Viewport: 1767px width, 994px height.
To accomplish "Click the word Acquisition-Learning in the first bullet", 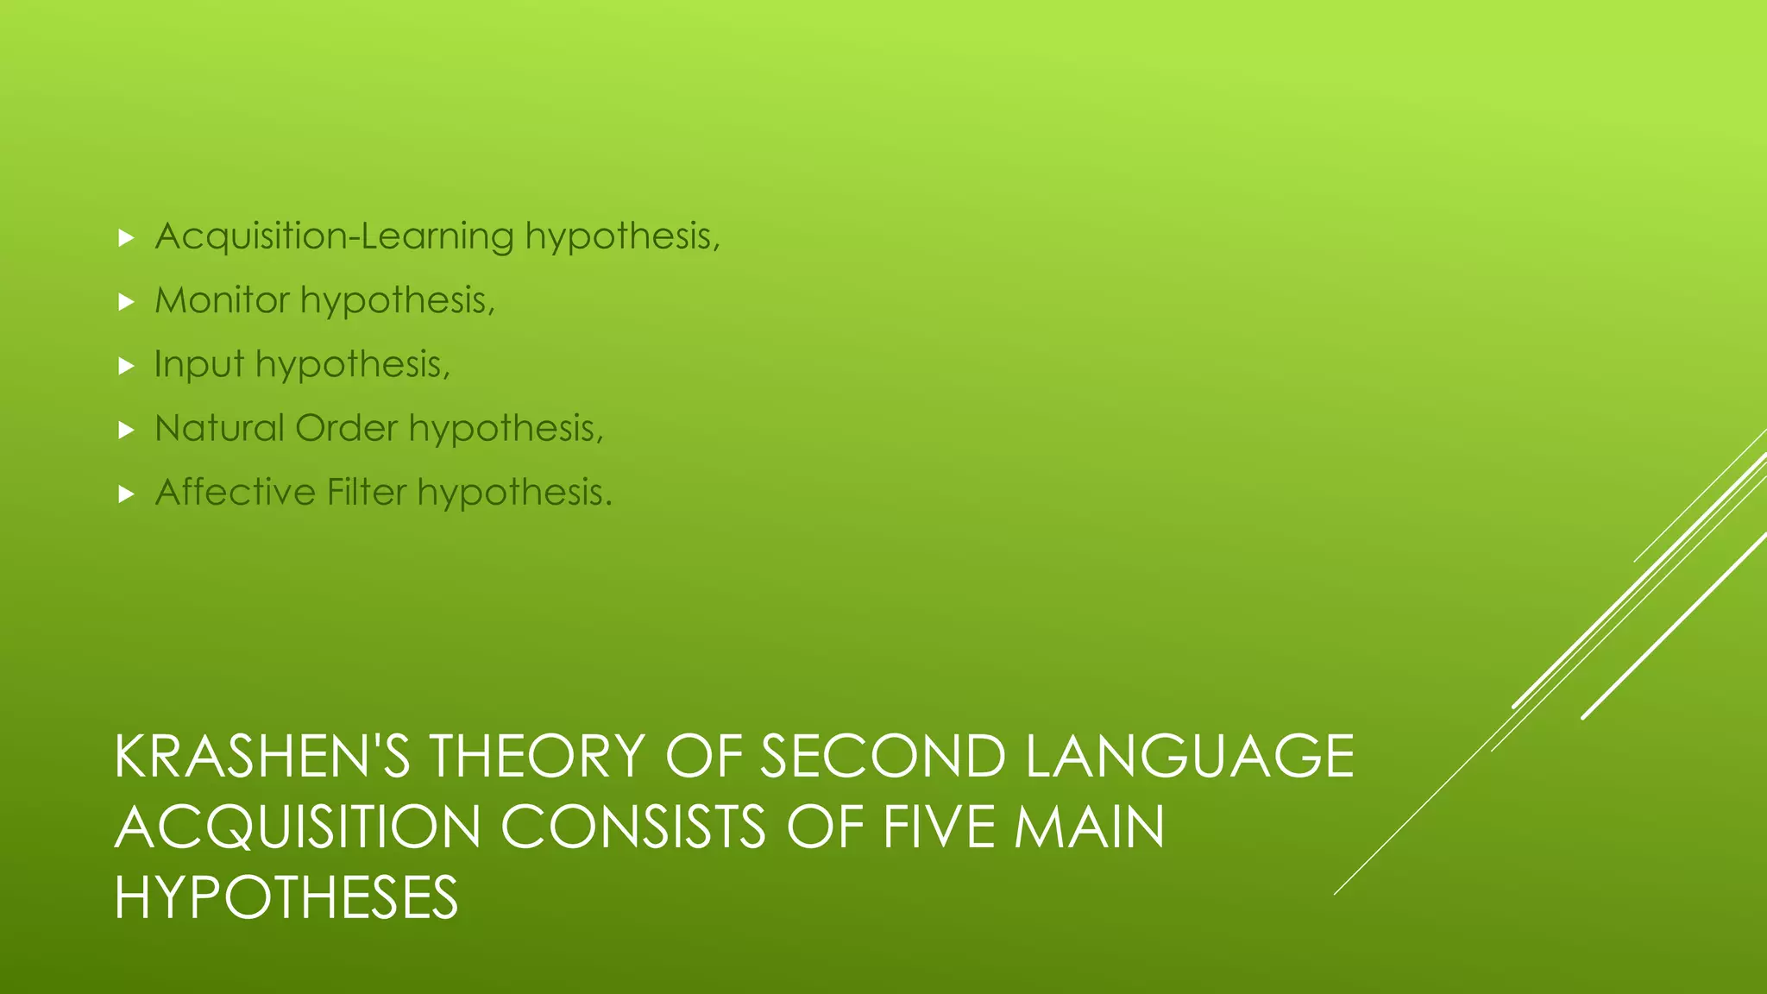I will tap(335, 236).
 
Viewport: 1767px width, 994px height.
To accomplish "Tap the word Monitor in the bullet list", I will tap(222, 300).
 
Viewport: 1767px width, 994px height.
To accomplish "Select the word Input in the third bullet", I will tap(198, 364).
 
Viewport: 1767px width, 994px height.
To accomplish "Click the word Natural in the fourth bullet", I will tap(219, 428).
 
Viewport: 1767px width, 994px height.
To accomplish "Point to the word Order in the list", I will tap(346, 428).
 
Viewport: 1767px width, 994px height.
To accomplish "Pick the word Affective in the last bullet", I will tap(236, 492).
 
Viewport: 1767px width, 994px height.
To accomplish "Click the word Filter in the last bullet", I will tap(367, 492).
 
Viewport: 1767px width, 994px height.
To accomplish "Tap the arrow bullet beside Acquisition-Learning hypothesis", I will tap(127, 238).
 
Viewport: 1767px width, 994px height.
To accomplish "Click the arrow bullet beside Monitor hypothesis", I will tap(127, 302).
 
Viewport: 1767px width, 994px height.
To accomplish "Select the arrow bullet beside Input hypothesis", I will tap(127, 366).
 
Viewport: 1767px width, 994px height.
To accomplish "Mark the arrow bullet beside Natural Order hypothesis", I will tap(127, 430).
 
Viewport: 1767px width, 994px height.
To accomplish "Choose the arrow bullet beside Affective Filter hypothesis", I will tap(127, 494).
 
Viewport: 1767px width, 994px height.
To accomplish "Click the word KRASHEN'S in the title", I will tap(262, 757).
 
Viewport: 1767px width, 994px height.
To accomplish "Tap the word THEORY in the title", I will tap(537, 757).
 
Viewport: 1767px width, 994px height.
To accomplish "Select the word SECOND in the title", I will tap(883, 757).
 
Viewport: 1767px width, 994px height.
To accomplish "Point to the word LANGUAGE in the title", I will tap(1190, 757).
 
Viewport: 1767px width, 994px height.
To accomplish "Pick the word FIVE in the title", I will tap(937, 827).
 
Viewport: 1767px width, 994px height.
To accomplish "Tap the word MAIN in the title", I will tap(1089, 827).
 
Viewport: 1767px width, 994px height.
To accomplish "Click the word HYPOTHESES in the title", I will tap(286, 898).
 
